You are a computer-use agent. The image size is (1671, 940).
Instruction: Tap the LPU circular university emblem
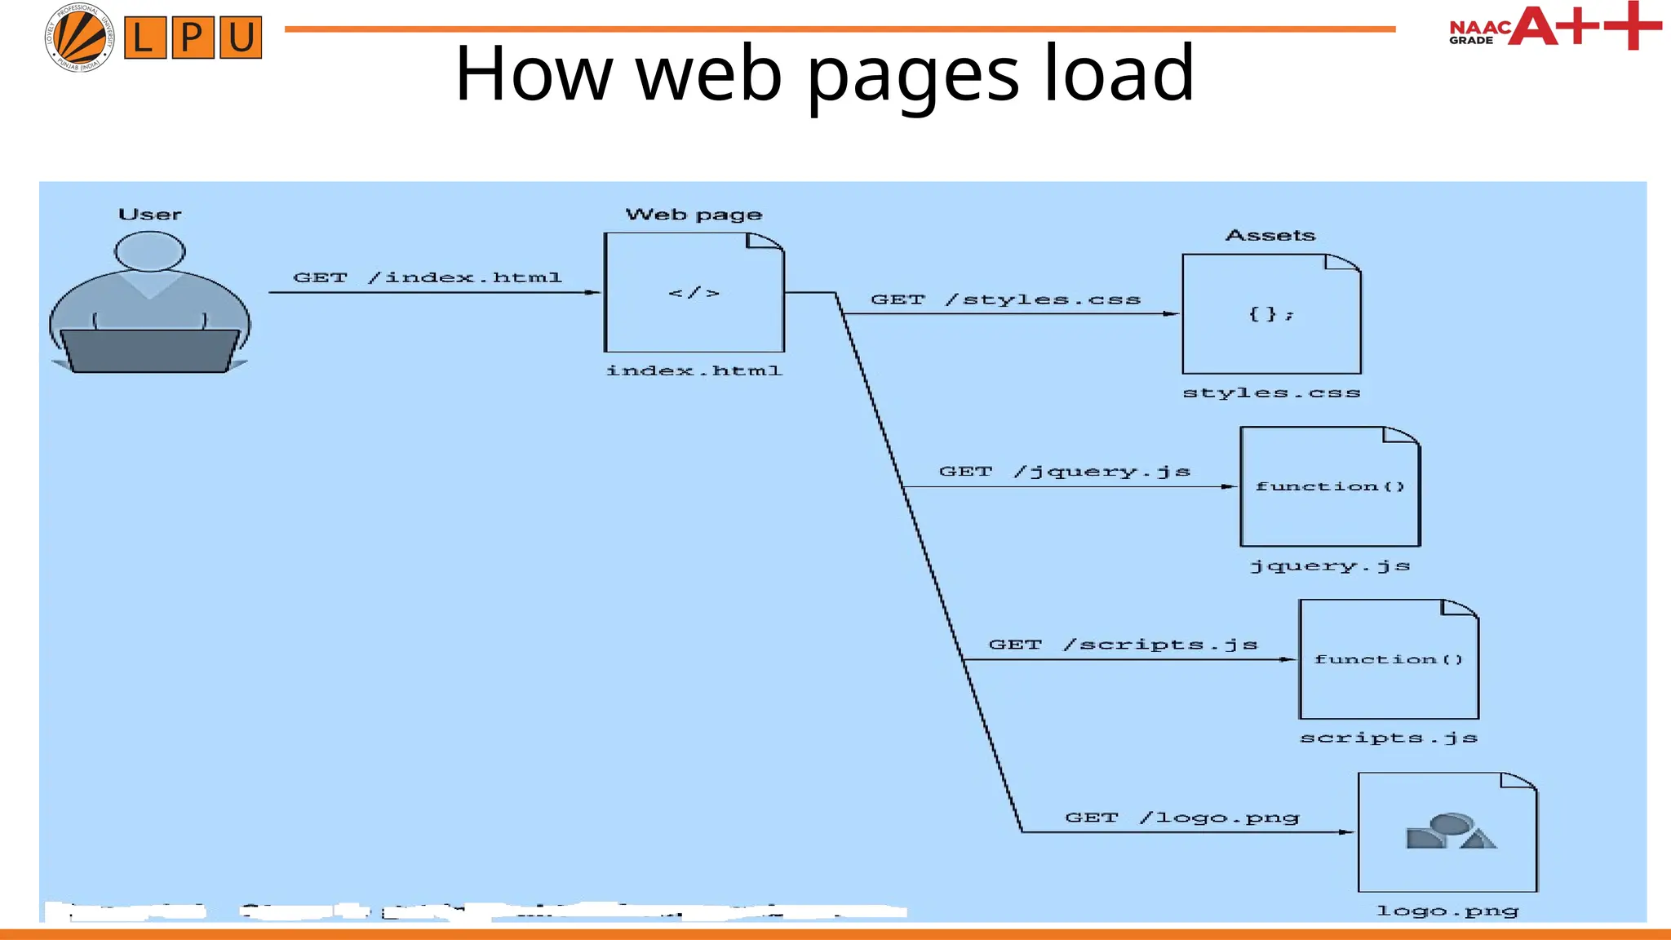79,37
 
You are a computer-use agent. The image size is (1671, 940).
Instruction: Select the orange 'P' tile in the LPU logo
193,38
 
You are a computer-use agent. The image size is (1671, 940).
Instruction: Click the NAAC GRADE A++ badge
1554,26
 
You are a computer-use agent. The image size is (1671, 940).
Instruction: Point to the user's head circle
149,251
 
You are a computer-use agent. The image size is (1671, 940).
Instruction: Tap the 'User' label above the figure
149,215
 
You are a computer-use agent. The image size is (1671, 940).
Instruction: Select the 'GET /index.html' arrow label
427,277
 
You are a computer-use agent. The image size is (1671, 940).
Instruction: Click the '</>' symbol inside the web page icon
694,293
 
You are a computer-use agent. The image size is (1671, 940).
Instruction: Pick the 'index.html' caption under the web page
694,370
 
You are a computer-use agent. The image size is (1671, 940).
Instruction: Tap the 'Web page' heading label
694,215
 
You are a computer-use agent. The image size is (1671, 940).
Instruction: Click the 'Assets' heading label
1270,236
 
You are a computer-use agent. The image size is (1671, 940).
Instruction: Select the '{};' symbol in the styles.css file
1270,314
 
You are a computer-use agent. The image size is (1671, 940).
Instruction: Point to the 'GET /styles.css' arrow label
1005,299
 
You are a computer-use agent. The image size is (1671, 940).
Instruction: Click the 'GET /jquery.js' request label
1064,472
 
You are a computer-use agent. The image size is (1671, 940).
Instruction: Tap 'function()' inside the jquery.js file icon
1330,486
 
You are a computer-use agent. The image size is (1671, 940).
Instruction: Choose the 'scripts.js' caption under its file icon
1388,738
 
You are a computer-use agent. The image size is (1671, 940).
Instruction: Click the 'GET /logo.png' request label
1181,818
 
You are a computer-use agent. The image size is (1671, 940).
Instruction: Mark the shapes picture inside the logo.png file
1450,831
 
